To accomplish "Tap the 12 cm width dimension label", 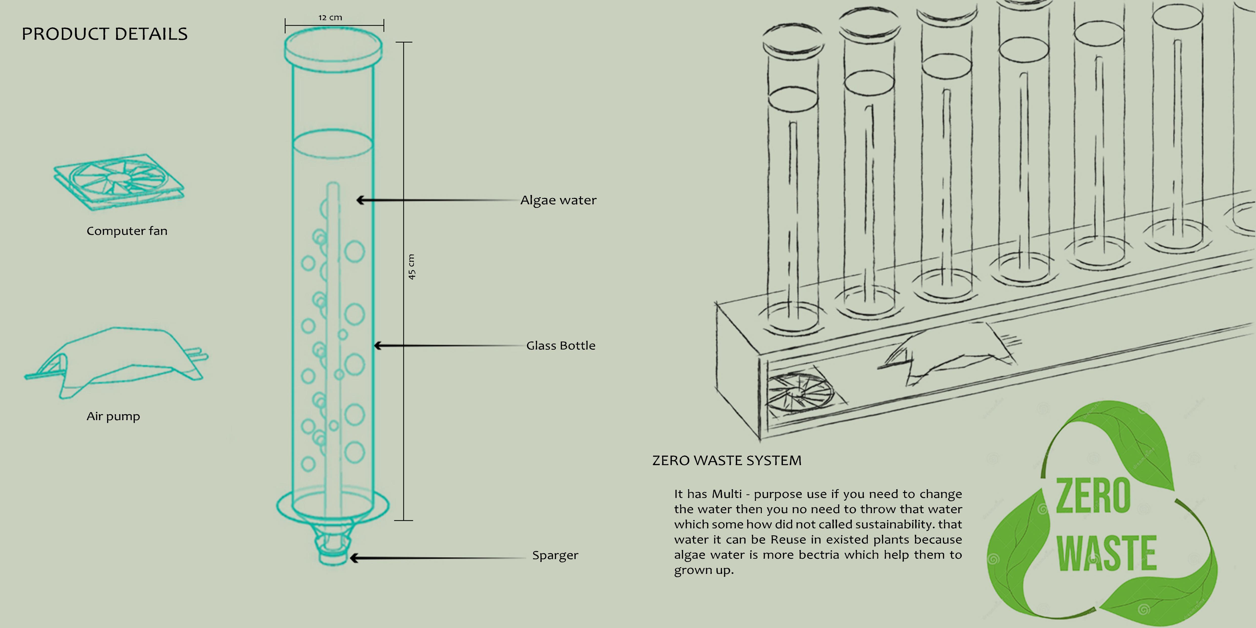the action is (330, 17).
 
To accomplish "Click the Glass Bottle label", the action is (561, 346).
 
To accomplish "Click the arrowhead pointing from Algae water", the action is (360, 200).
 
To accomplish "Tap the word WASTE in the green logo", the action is (1106, 553).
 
